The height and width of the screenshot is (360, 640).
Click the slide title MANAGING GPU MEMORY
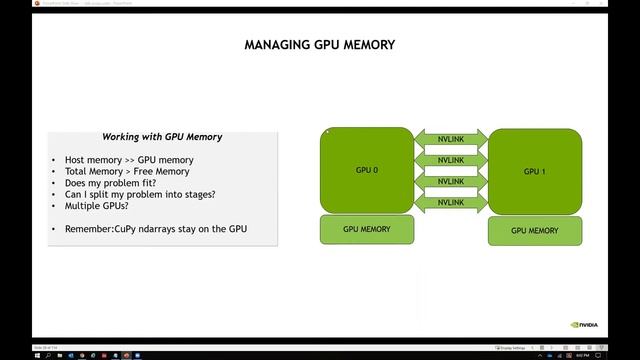click(320, 45)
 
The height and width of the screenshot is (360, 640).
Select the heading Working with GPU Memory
click(162, 137)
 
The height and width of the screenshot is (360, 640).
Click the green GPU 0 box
click(366, 171)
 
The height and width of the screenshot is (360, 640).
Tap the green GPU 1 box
click(534, 171)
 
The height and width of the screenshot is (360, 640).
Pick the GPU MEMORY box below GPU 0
click(366, 230)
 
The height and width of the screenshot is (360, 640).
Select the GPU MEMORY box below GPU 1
click(534, 231)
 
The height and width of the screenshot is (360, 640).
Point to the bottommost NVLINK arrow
click(450, 203)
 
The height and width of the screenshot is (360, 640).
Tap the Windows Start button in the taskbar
click(5, 354)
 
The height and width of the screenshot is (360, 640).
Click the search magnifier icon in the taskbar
click(17, 354)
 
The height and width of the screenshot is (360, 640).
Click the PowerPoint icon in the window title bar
click(5, 3)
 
